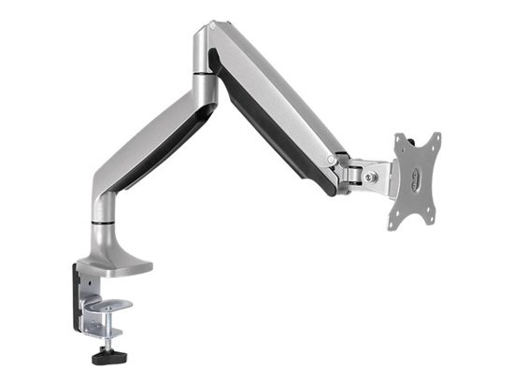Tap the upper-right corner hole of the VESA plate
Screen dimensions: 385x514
(x=433, y=141)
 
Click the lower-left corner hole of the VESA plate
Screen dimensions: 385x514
(x=395, y=222)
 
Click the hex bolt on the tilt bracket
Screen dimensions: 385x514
(x=373, y=175)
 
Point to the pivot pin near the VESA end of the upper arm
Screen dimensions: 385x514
(x=332, y=161)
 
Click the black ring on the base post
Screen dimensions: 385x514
(x=103, y=224)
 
